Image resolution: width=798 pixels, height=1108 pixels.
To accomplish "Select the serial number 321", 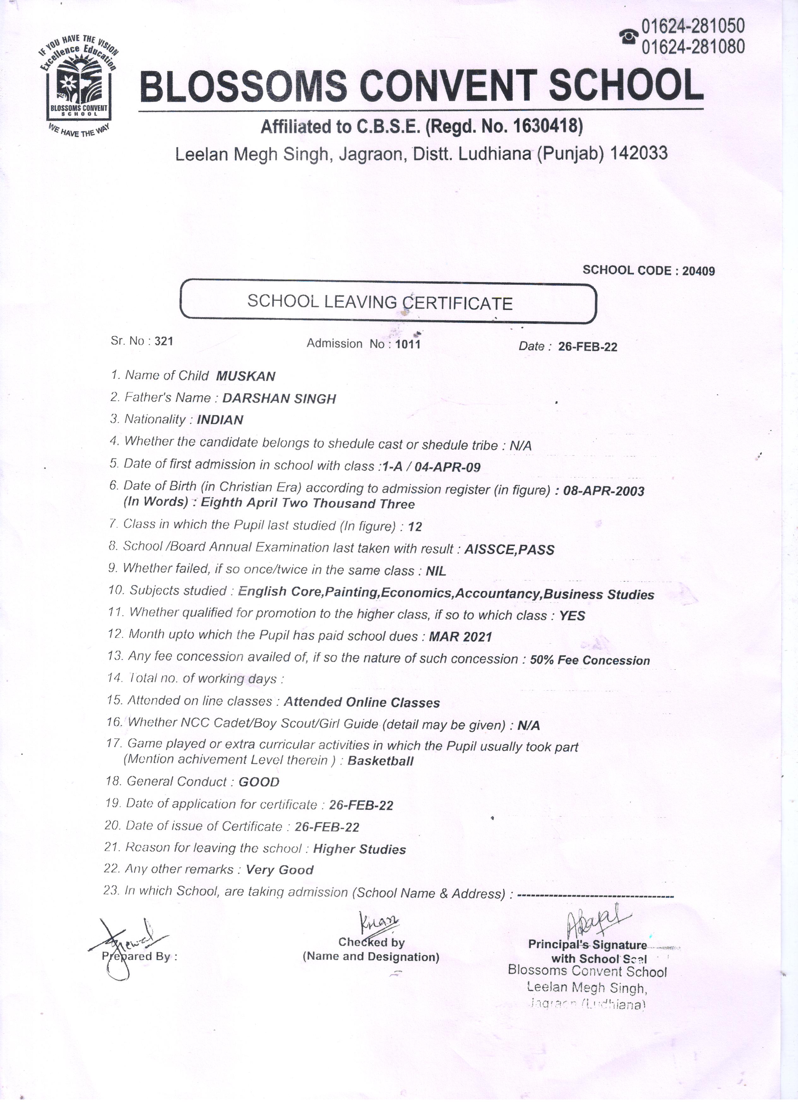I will pyautogui.click(x=164, y=342).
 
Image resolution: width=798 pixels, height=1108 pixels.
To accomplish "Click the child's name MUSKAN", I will pyautogui.click(x=246, y=376).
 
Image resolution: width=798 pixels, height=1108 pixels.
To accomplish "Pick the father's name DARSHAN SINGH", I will pyautogui.click(x=279, y=399).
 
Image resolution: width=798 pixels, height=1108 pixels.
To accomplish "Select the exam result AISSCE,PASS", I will pyautogui.click(x=509, y=550).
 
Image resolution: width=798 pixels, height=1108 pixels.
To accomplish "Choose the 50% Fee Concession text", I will pyautogui.click(x=590, y=661).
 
